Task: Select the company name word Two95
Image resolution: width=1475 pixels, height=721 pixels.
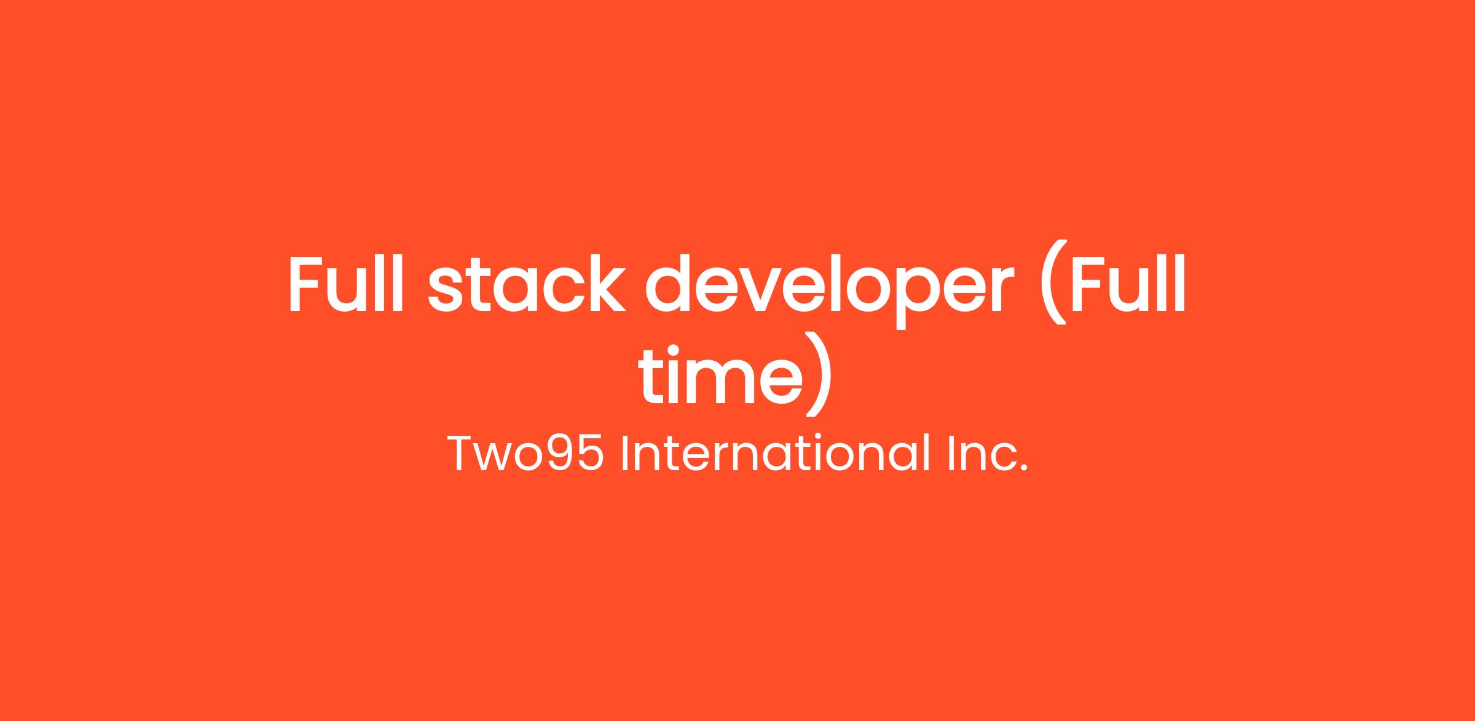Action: click(525, 453)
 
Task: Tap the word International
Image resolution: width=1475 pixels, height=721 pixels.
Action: click(775, 453)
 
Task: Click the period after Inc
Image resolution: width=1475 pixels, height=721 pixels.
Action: click(1023, 469)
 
